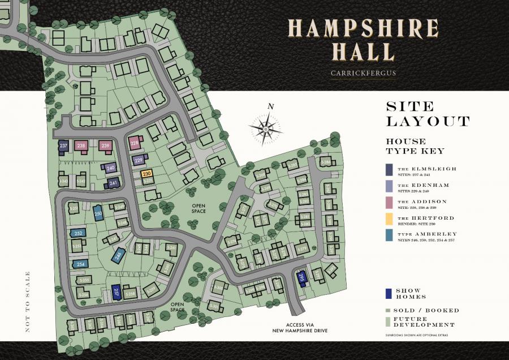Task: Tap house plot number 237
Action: [63, 147]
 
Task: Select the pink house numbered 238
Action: [81, 146]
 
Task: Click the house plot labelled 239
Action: [105, 146]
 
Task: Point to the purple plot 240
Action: [110, 168]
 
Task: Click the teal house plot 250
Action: [98, 213]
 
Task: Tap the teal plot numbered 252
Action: [79, 233]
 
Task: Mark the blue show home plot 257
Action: [117, 292]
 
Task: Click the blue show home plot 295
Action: [301, 278]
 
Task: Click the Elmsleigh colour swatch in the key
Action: [390, 170]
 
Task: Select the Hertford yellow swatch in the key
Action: [390, 218]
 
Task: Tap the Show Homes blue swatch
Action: [389, 293]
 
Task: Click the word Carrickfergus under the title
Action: [363, 72]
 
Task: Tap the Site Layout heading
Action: [427, 114]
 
